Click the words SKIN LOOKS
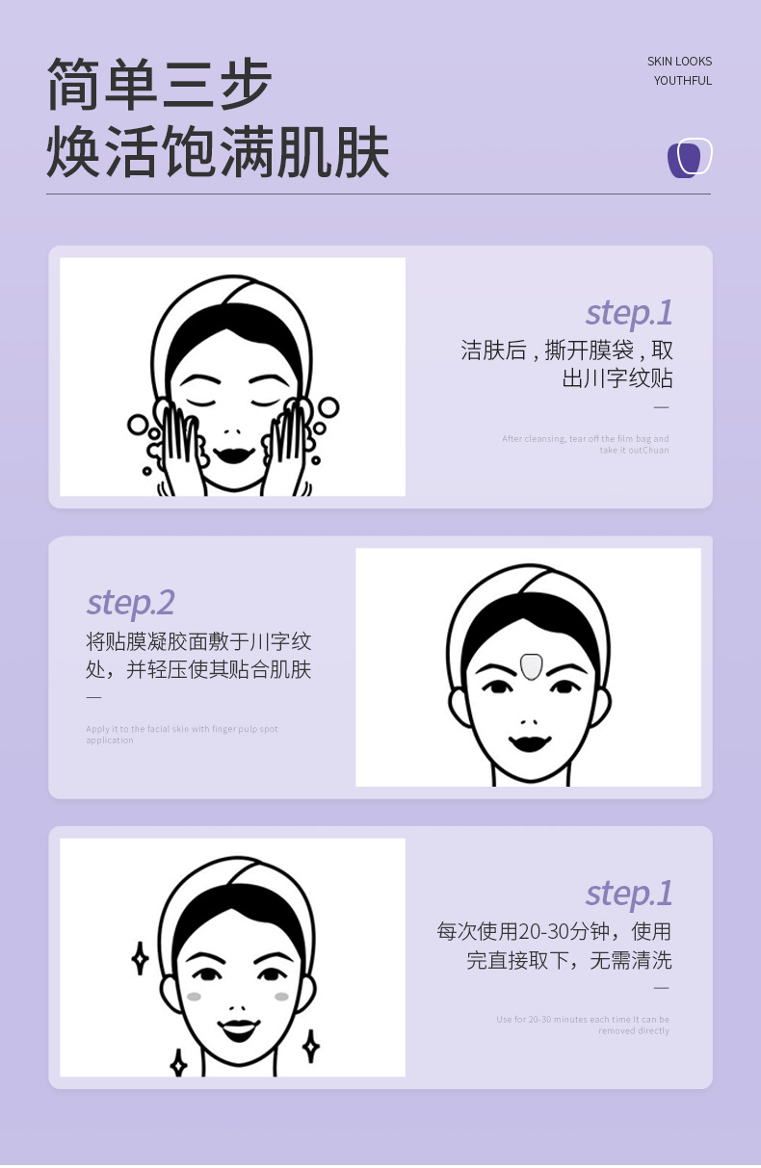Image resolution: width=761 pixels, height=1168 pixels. [679, 62]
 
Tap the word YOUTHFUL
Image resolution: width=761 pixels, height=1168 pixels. [683, 81]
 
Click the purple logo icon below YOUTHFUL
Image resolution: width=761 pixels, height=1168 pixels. [690, 158]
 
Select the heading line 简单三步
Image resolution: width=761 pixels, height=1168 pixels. [160, 86]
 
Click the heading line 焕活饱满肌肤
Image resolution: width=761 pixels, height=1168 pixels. [218, 152]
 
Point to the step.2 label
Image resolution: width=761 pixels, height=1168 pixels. [130, 603]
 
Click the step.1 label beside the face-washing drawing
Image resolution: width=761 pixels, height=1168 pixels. [629, 313]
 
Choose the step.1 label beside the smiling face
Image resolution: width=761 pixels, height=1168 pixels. [629, 893]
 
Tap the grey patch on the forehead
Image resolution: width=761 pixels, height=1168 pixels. [529, 665]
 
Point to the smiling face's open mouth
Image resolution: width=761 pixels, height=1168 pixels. [238, 1027]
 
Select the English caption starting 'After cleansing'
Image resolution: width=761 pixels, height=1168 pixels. [585, 444]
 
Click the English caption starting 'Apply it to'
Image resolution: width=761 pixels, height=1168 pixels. [181, 735]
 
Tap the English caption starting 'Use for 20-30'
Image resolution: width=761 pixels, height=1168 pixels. [583, 1025]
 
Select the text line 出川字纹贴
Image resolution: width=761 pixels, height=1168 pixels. [617, 378]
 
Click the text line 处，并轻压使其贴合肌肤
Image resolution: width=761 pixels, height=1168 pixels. [198, 669]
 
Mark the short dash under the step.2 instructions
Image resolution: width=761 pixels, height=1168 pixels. [93, 697]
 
